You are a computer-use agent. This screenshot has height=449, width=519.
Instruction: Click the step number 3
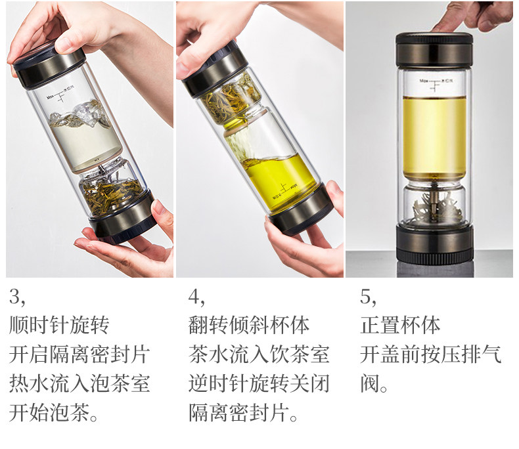tap(17, 297)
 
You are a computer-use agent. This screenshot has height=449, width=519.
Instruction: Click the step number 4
tap(196, 297)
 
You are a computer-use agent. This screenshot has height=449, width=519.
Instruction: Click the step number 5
tap(368, 297)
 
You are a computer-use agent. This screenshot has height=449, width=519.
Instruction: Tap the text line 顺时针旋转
tap(59, 325)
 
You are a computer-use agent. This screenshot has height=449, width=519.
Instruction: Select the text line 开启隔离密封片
tap(79, 354)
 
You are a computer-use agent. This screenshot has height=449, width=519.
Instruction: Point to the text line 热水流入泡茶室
tap(79, 383)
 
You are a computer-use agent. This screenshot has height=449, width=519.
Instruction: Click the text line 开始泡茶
tap(53, 413)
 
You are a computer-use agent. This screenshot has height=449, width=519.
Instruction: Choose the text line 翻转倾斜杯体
tap(249, 325)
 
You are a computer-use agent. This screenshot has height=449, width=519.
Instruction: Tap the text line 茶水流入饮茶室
tap(259, 354)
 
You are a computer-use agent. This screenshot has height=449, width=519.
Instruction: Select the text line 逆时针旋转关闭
tap(259, 383)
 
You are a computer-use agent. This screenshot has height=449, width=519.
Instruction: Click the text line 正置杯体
tap(400, 325)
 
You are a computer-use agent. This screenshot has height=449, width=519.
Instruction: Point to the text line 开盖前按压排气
tap(430, 354)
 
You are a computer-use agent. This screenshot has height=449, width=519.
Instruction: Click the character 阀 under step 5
tap(370, 383)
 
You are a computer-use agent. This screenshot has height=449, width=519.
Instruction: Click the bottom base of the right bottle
tap(434, 243)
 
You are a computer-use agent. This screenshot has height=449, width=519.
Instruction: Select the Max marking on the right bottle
tap(424, 81)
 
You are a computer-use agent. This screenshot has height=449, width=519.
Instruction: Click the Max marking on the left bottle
tap(51, 97)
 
